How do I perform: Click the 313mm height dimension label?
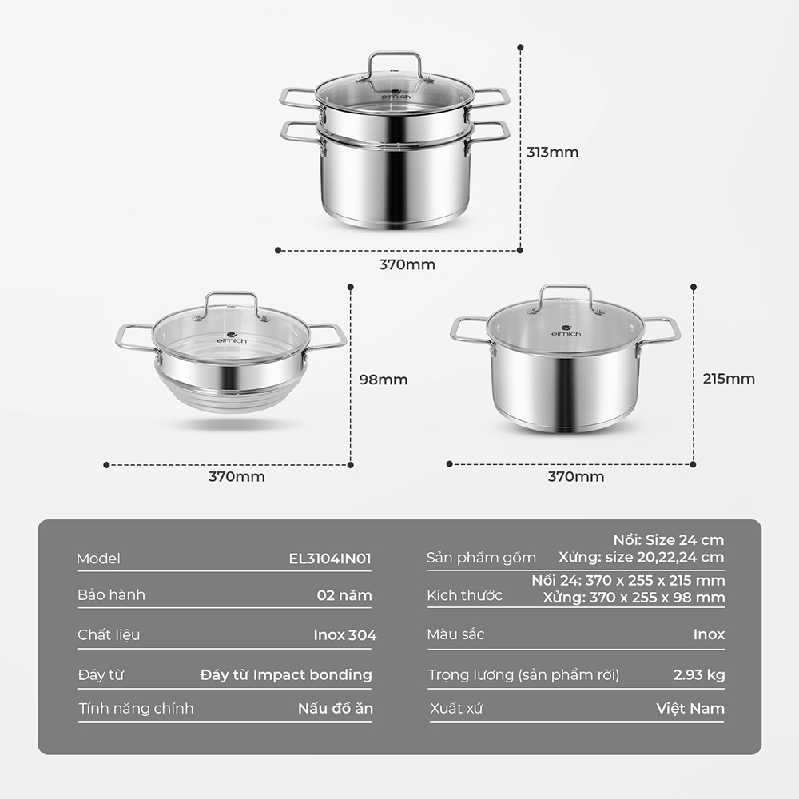click(552, 153)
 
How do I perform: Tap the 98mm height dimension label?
click(384, 380)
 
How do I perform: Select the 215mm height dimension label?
click(729, 379)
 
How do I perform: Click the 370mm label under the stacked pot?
click(407, 264)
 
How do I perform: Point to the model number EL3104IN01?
click(330, 559)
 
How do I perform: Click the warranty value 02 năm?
click(344, 595)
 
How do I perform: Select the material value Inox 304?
click(345, 635)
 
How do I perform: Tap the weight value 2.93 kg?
click(699, 675)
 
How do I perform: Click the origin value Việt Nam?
click(690, 708)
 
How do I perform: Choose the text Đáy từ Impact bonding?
click(286, 675)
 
